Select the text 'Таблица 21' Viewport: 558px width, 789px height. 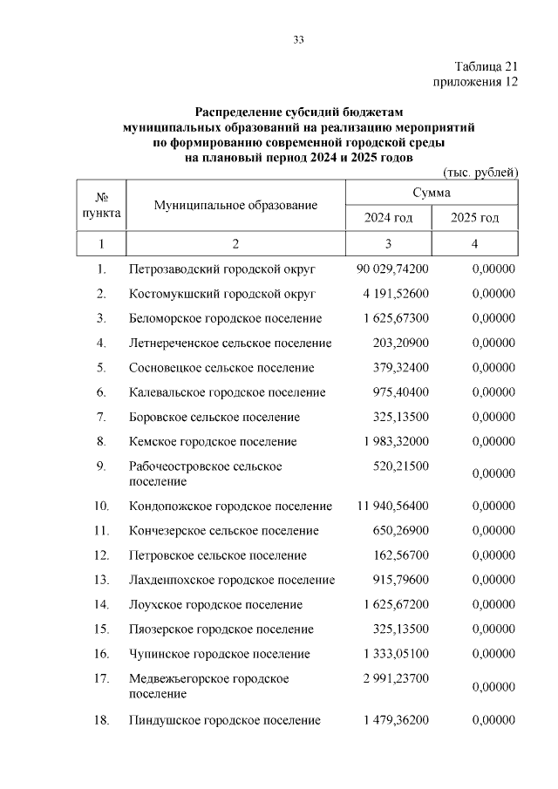point(487,67)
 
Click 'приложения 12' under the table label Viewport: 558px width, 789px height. point(476,82)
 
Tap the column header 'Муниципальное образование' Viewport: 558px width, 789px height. point(235,205)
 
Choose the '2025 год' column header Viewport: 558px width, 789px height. point(474,217)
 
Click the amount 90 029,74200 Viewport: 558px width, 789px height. point(392,269)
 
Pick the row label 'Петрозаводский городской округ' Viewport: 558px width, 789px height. point(222,269)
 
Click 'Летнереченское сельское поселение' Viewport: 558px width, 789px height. point(230,343)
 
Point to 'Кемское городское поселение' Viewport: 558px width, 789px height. point(213,442)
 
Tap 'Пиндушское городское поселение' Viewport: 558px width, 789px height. point(225,720)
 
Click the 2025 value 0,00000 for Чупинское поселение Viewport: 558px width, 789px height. point(493,654)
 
